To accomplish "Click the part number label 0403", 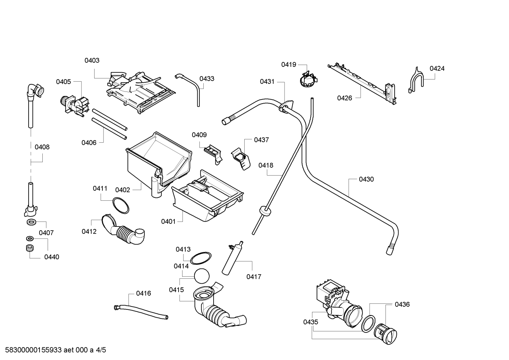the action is [x=92, y=60].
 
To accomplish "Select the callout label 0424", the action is [x=437, y=69].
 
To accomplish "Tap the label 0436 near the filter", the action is [x=402, y=304].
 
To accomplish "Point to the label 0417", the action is [x=254, y=277].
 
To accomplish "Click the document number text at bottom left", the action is [x=55, y=350].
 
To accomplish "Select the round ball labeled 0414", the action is [x=202, y=276].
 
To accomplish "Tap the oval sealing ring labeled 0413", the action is [x=200, y=258].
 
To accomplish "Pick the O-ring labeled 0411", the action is [x=121, y=205].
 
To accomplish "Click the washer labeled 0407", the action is [x=31, y=222].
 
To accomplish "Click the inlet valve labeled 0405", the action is [x=74, y=106].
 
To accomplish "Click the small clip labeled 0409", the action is [x=213, y=154].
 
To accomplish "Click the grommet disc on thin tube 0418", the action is [x=265, y=211].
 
